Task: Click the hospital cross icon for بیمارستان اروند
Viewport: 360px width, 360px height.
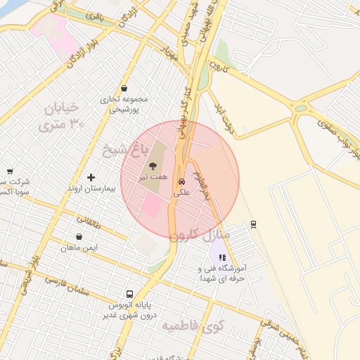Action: tap(91, 177)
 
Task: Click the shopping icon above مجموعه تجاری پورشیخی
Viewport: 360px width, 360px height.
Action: tap(124, 89)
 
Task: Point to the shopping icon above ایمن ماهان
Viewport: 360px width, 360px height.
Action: tap(79, 237)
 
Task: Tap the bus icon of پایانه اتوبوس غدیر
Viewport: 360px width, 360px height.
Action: tap(129, 294)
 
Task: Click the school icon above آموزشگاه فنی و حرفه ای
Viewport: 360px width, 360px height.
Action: tap(222, 258)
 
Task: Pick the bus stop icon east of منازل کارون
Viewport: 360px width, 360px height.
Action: tap(253, 224)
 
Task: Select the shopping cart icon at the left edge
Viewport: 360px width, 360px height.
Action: tap(10, 172)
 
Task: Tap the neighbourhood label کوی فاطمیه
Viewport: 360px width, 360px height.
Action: tap(192, 326)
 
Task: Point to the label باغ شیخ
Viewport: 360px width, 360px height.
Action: tap(115, 150)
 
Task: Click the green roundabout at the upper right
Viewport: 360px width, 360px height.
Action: tap(302, 108)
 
